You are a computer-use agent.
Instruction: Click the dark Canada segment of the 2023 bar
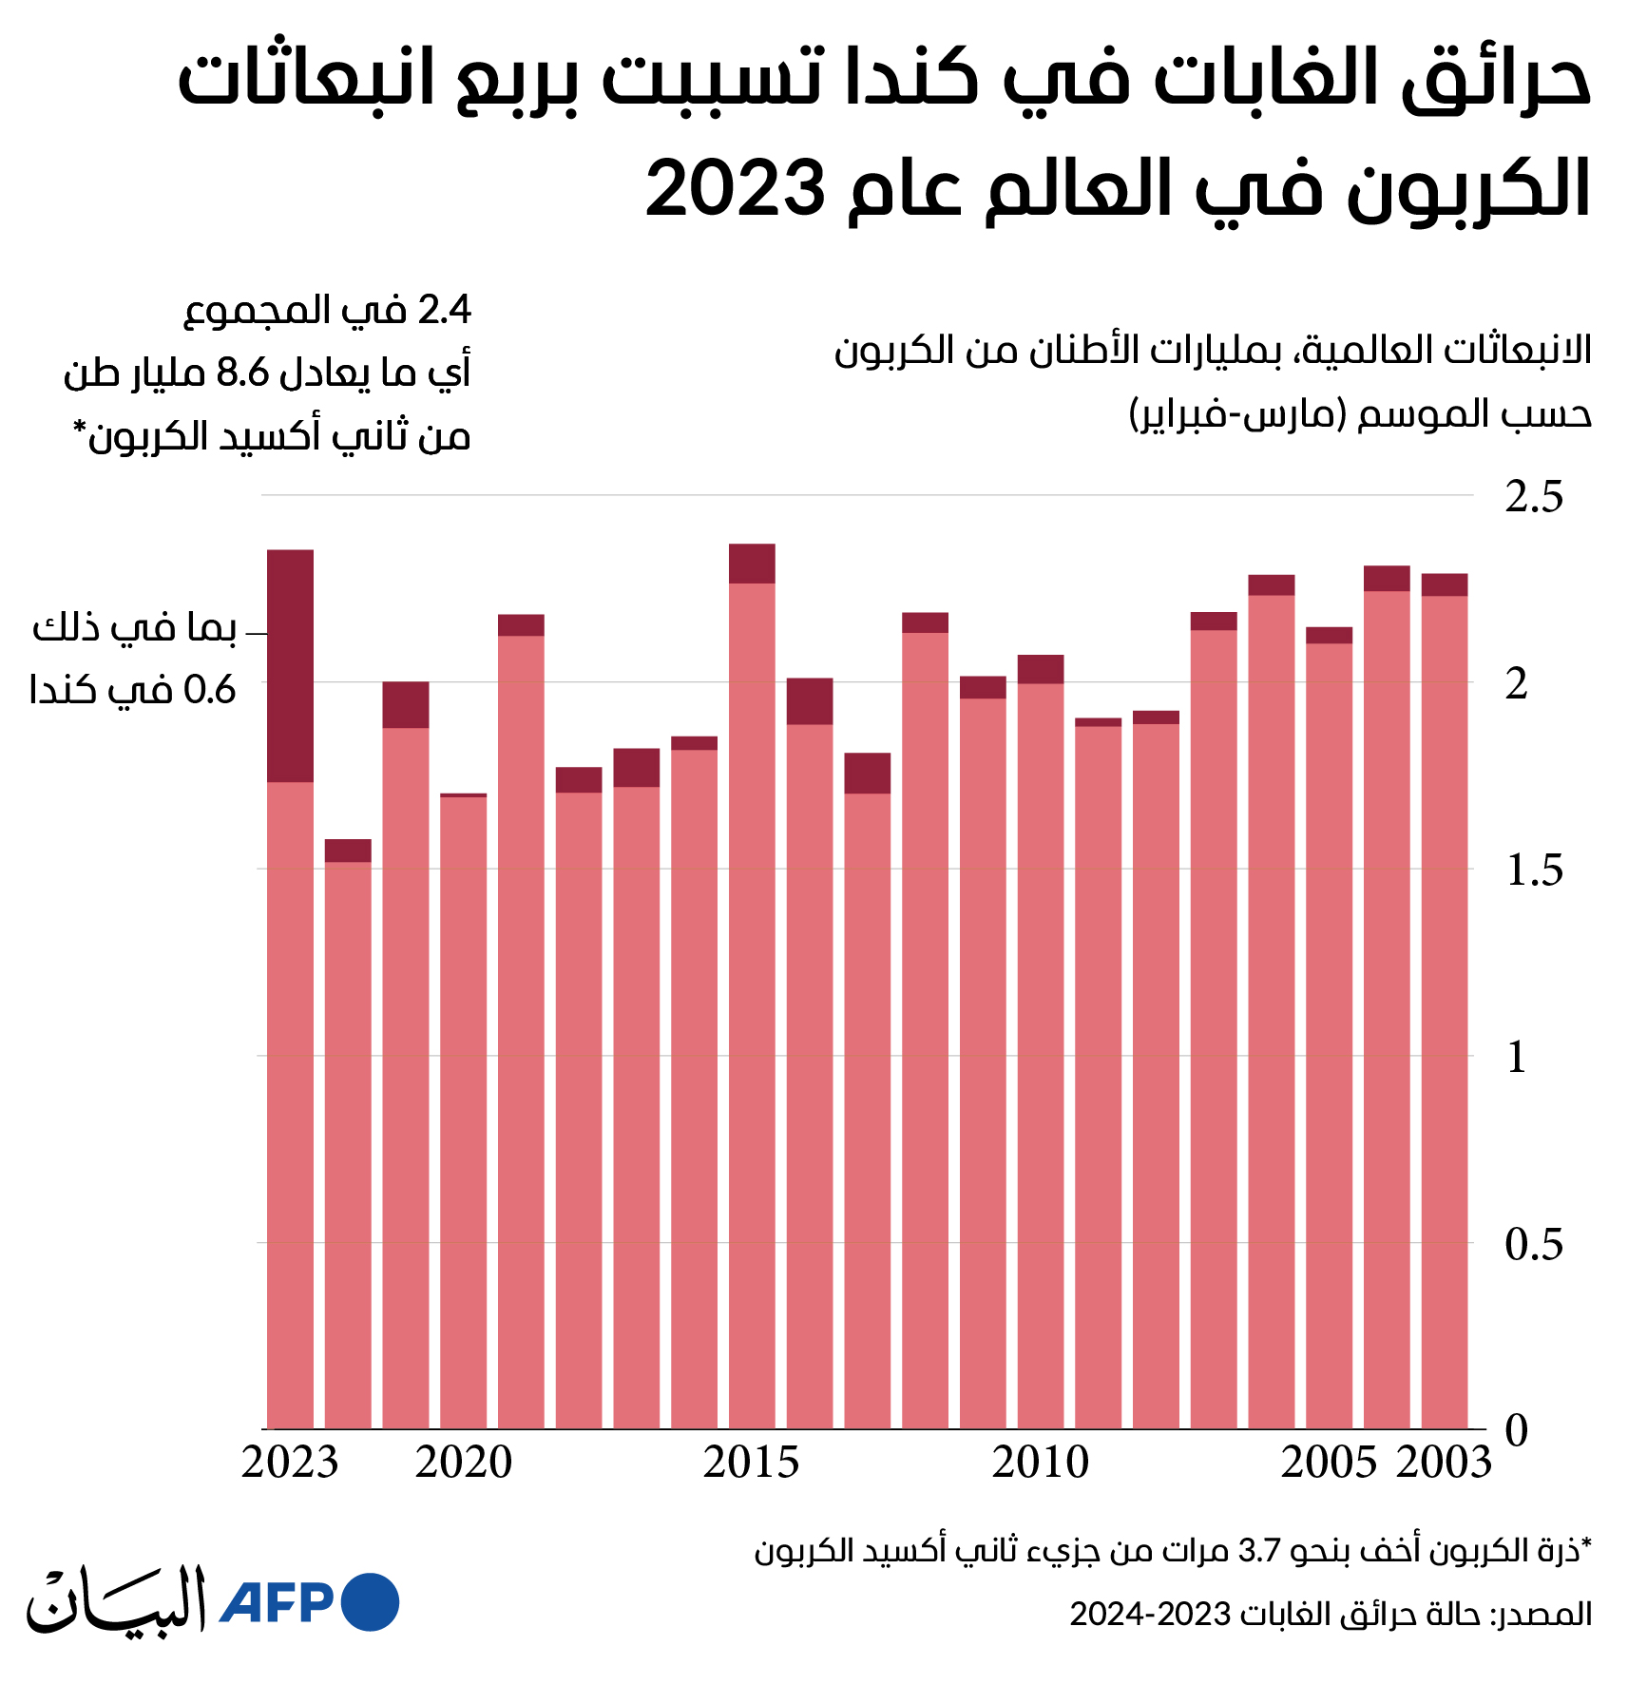(290, 665)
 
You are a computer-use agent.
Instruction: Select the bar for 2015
(752, 986)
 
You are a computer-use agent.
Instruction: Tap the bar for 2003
(1445, 1001)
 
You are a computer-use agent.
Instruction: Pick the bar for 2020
(464, 1110)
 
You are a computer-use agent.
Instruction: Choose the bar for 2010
(1041, 1042)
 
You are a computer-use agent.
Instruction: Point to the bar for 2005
(1329, 1027)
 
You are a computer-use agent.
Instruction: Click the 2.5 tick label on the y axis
(1534, 497)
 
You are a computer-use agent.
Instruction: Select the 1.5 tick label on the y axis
(1534, 871)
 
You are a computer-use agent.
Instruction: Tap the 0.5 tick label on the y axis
(1534, 1244)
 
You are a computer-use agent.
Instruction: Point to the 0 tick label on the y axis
(1517, 1430)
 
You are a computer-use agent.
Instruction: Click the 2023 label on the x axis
(290, 1463)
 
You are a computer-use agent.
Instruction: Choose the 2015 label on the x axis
(752, 1463)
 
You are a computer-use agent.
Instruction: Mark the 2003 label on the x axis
(1445, 1463)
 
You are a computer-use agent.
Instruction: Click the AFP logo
(309, 1602)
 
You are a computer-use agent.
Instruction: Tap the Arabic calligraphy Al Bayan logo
(116, 1600)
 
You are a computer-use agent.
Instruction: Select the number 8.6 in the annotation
(243, 373)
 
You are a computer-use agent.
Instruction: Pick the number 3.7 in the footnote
(1260, 1552)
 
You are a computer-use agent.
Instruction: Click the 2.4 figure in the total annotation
(445, 311)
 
